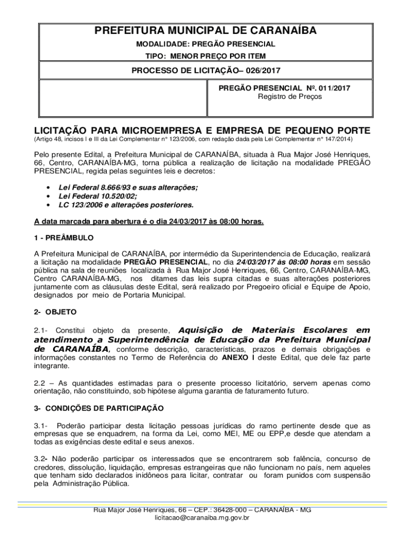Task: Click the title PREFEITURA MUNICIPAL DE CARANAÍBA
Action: tap(205, 31)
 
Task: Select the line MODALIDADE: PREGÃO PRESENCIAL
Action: tap(205, 44)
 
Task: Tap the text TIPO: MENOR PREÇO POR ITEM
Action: tap(205, 56)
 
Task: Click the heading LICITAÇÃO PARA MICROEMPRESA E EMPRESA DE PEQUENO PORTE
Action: tap(202, 130)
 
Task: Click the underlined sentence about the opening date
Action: tap(149, 221)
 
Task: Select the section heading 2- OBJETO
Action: tap(55, 312)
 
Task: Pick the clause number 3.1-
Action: tap(41, 426)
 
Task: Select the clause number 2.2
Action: tap(41, 382)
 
